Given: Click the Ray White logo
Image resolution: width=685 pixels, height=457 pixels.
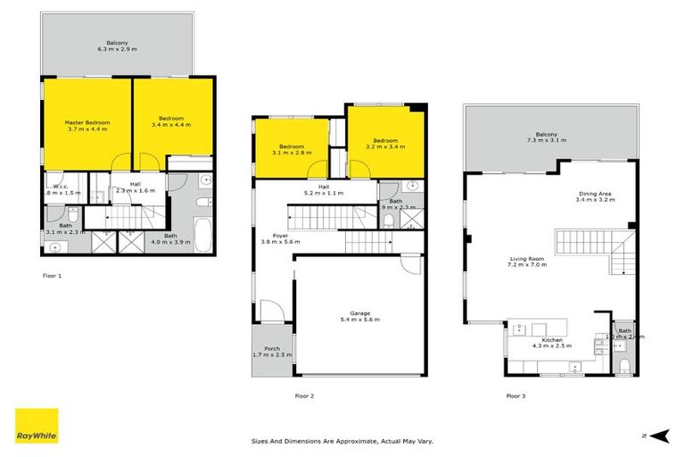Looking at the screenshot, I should pyautogui.click(x=37, y=427).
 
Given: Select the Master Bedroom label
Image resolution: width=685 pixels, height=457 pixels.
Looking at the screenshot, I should pyautogui.click(x=86, y=124).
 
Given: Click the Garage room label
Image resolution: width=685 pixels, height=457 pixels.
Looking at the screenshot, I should pyautogui.click(x=359, y=315).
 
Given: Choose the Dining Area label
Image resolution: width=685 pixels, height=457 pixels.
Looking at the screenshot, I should pyautogui.click(x=594, y=196).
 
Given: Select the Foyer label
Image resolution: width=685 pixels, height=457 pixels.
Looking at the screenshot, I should pyautogui.click(x=281, y=237).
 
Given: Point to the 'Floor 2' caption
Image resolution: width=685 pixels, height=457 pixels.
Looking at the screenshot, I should pyautogui.click(x=305, y=395).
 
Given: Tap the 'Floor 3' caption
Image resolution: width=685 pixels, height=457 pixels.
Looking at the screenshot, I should pyautogui.click(x=516, y=395).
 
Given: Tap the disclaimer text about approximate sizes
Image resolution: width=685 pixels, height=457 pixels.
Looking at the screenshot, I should pyautogui.click(x=343, y=441).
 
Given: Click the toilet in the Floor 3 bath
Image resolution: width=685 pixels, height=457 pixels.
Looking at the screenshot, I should pyautogui.click(x=625, y=367).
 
